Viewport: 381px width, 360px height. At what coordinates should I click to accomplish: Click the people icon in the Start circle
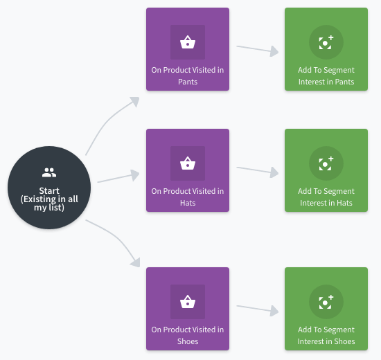49,172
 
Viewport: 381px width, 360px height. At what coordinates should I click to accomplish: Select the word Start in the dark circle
49,190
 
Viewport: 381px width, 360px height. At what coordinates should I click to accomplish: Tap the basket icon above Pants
188,42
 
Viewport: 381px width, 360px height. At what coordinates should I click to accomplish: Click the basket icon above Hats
188,163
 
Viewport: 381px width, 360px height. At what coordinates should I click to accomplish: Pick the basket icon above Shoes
188,302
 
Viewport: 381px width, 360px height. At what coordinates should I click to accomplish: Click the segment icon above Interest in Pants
326,42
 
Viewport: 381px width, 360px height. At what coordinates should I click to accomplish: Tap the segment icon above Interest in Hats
326,163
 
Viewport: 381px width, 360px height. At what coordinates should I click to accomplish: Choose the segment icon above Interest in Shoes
326,302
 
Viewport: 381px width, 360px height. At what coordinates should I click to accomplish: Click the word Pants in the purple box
188,82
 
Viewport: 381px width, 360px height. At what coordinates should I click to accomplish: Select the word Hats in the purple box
188,203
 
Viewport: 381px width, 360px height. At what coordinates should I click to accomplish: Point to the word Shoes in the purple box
188,341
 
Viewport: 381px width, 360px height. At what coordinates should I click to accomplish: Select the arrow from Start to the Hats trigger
118,177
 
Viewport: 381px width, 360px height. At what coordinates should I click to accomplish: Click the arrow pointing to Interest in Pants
258,49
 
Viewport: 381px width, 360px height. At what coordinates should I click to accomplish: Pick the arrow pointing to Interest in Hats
258,170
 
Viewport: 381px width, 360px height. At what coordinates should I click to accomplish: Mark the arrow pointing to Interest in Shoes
258,309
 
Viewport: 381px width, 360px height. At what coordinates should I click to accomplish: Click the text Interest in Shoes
326,341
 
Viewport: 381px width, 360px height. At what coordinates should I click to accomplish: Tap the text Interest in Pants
326,82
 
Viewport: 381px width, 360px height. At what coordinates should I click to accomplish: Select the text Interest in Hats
326,203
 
